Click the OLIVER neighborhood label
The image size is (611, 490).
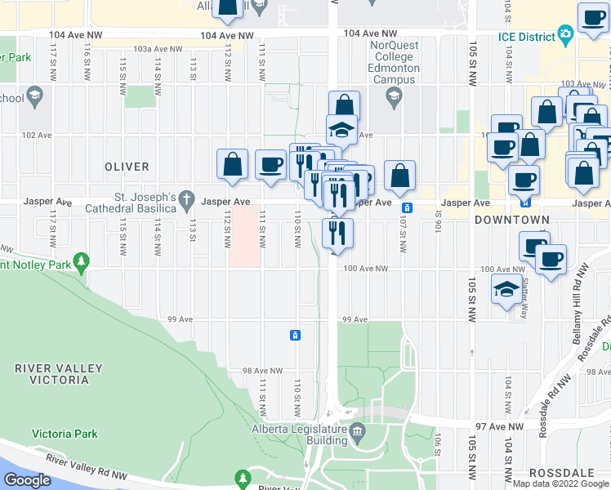tap(127, 167)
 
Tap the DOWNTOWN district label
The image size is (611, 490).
tap(512, 220)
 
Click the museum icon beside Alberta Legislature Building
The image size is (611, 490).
tap(356, 430)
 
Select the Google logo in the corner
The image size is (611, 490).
tap(28, 480)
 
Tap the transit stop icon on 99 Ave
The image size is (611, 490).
tap(295, 335)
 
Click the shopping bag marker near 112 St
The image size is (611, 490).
tap(233, 164)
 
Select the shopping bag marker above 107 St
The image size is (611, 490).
tap(399, 175)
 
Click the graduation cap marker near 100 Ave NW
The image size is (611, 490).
tap(506, 289)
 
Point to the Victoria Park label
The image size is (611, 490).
tap(65, 434)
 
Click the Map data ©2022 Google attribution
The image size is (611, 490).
tap(560, 483)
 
